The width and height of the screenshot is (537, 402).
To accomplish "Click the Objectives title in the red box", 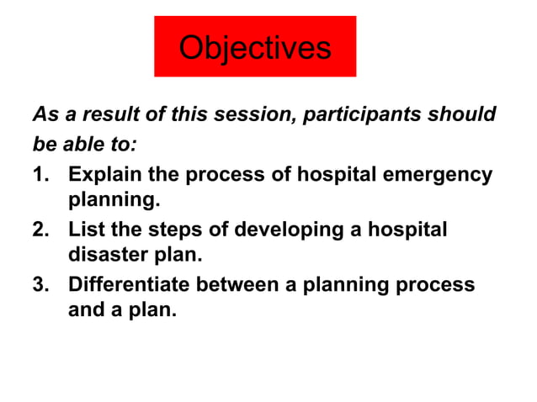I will point(255,47).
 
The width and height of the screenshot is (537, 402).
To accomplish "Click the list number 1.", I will point(40,175).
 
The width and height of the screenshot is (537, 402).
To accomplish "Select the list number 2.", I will point(40,230).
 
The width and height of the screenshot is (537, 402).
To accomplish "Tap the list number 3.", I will point(40,284).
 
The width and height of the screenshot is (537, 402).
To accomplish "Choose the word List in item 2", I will point(85,230).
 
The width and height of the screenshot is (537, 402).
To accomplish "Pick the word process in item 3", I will point(434,284).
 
